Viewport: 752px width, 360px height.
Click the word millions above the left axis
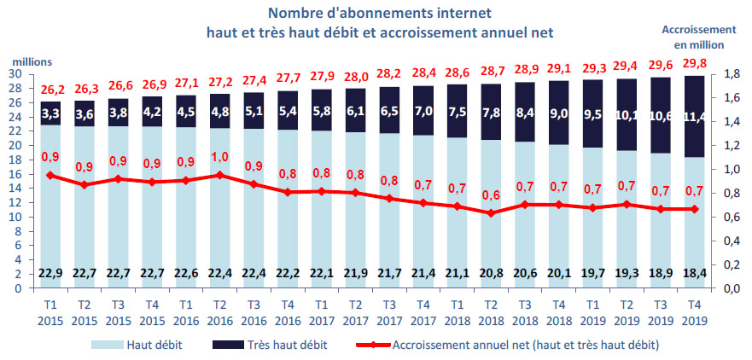tap(32, 61)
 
